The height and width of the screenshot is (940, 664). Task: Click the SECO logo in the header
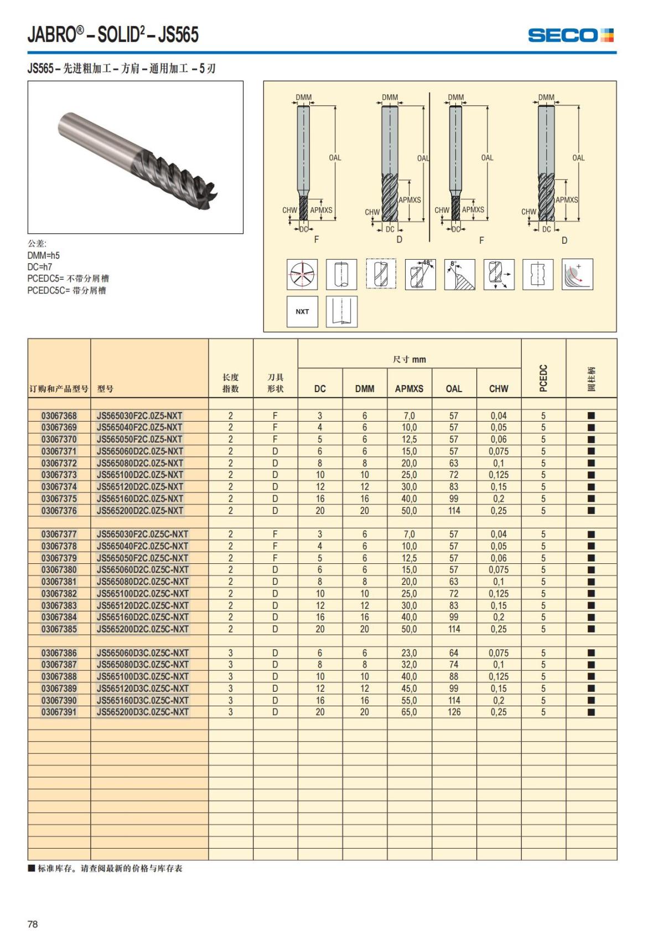pyautogui.click(x=570, y=35)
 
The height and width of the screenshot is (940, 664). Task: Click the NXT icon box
pyautogui.click(x=302, y=311)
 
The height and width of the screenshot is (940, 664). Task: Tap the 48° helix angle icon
pyautogui.click(x=420, y=274)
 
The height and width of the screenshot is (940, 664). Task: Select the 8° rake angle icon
pyautogui.click(x=459, y=274)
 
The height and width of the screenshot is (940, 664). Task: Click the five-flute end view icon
pyautogui.click(x=302, y=274)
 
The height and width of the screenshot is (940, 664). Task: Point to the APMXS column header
pyautogui.click(x=409, y=389)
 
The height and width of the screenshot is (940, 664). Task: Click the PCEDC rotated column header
pyautogui.click(x=543, y=378)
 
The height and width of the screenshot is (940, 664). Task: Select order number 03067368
pyautogui.click(x=59, y=415)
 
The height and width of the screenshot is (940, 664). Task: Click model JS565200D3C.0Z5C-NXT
pyautogui.click(x=143, y=712)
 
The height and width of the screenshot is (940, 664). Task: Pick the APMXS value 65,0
pyautogui.click(x=409, y=712)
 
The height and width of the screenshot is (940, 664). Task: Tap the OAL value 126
pyautogui.click(x=454, y=712)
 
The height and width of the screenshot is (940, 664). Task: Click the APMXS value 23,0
pyautogui.click(x=409, y=653)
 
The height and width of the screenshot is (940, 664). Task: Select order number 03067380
pyautogui.click(x=59, y=569)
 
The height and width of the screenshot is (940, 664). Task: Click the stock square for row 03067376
pyautogui.click(x=591, y=511)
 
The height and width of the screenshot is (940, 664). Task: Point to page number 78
pyautogui.click(x=33, y=924)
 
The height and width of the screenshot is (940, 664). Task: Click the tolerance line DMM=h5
pyautogui.click(x=43, y=255)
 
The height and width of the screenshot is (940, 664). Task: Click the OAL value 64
pyautogui.click(x=454, y=653)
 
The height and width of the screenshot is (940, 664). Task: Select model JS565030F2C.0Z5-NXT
pyautogui.click(x=139, y=415)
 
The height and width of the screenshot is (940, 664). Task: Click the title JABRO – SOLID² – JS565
pyautogui.click(x=113, y=35)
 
